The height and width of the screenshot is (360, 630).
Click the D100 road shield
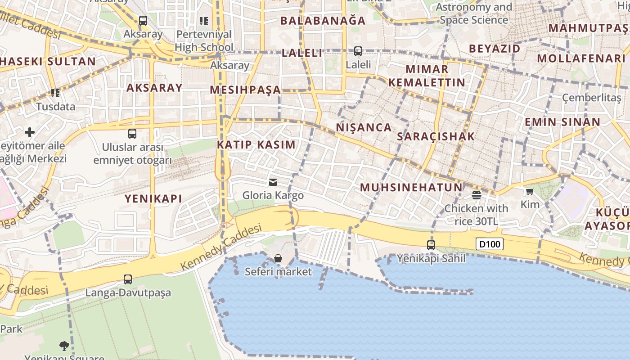489,244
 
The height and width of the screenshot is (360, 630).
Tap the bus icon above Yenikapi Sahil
431,245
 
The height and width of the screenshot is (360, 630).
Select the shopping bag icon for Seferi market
278,258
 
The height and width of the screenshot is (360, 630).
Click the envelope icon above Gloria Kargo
273,182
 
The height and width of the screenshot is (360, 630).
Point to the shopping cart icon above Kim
530,192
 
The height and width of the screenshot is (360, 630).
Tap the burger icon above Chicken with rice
476,195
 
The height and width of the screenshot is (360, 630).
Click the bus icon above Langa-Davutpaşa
128,279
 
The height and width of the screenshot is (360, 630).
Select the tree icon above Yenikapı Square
64,346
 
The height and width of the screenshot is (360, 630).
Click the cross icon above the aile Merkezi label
30,132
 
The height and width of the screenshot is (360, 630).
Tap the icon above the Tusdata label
55,93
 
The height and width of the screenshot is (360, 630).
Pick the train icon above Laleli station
358,51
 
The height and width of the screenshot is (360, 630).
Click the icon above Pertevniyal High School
204,21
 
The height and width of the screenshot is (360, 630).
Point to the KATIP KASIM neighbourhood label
256,145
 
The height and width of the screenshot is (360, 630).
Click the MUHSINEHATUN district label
411,187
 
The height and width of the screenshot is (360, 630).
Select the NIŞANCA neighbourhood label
364,127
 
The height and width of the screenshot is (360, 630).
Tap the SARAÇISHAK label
436,136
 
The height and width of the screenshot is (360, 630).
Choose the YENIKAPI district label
153,198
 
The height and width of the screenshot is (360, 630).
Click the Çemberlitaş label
591,98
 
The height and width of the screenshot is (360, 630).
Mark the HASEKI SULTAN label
48,62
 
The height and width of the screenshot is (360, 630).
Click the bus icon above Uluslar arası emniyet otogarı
132,134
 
